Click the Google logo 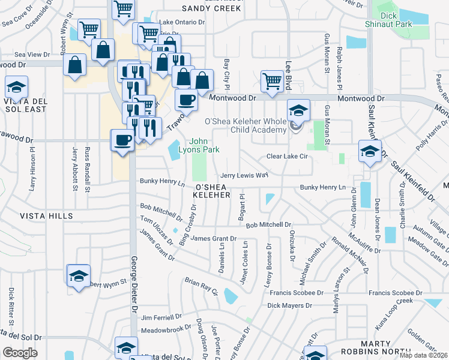coord(20,353)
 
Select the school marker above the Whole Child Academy coord(298,110)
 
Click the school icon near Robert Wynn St coord(78,276)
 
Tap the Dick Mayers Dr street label coord(290,305)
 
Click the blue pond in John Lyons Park coord(175,150)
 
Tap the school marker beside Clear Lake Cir coord(370,151)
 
